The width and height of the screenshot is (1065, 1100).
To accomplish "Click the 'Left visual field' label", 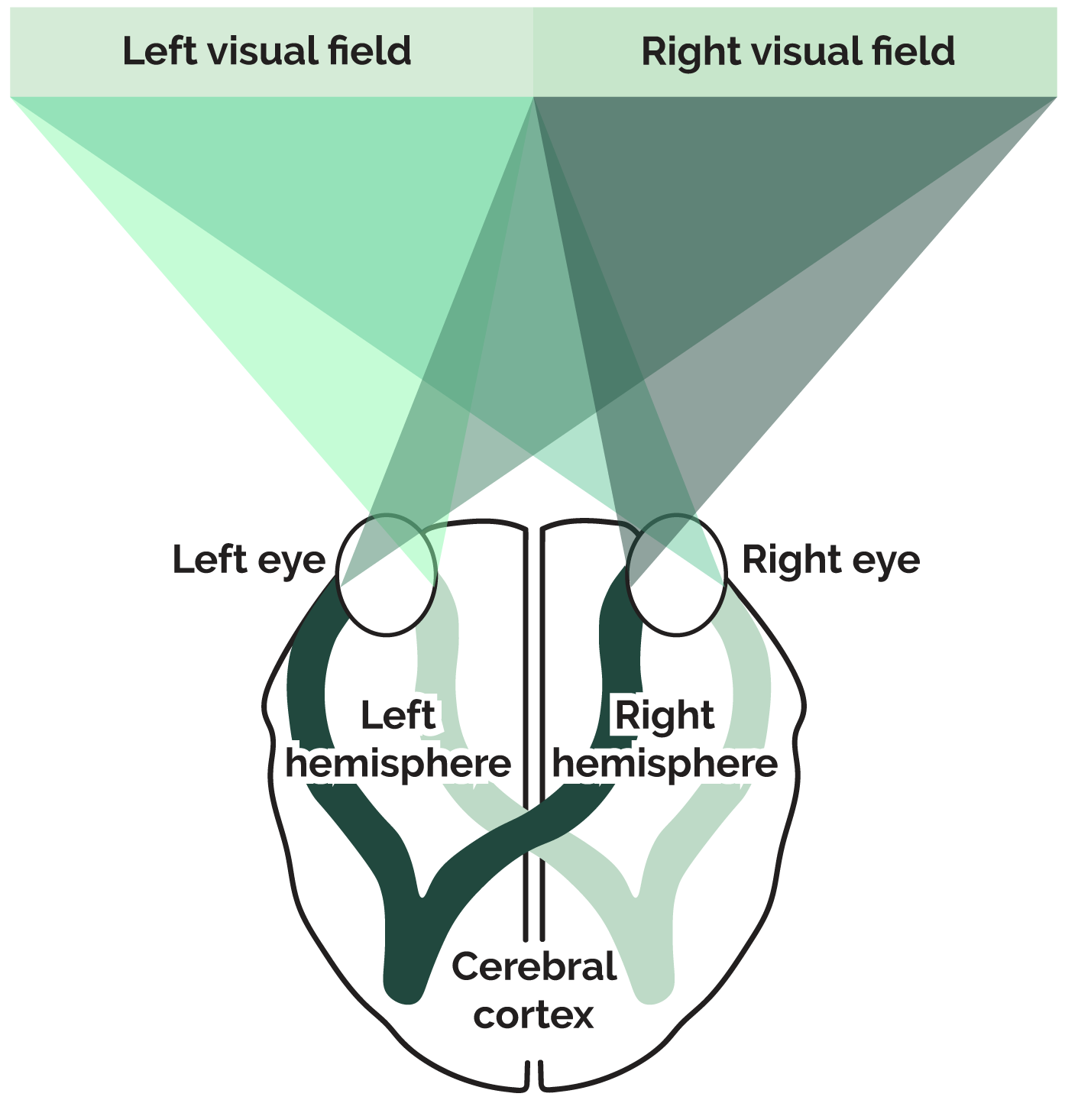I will [x=267, y=52].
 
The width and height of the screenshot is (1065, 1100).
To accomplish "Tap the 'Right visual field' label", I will [x=798, y=52].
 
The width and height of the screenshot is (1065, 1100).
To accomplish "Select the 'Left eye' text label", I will [x=249, y=560].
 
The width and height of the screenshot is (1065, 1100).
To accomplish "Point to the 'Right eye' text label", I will [x=831, y=560].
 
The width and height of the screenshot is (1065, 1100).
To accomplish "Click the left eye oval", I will [x=387, y=574].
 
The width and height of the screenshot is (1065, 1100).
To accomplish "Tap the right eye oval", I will [x=675, y=574].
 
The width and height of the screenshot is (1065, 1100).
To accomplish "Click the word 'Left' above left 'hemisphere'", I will [x=397, y=716].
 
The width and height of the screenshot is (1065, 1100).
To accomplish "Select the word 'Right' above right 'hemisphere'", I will [x=665, y=716].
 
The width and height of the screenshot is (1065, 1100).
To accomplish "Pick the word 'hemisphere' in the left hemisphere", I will [x=398, y=763].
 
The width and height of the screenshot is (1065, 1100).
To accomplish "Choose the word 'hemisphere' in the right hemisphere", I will [x=665, y=763].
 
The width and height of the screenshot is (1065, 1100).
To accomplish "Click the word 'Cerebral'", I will [x=534, y=967].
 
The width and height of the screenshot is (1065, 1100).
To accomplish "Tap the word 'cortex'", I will [x=533, y=1015].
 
